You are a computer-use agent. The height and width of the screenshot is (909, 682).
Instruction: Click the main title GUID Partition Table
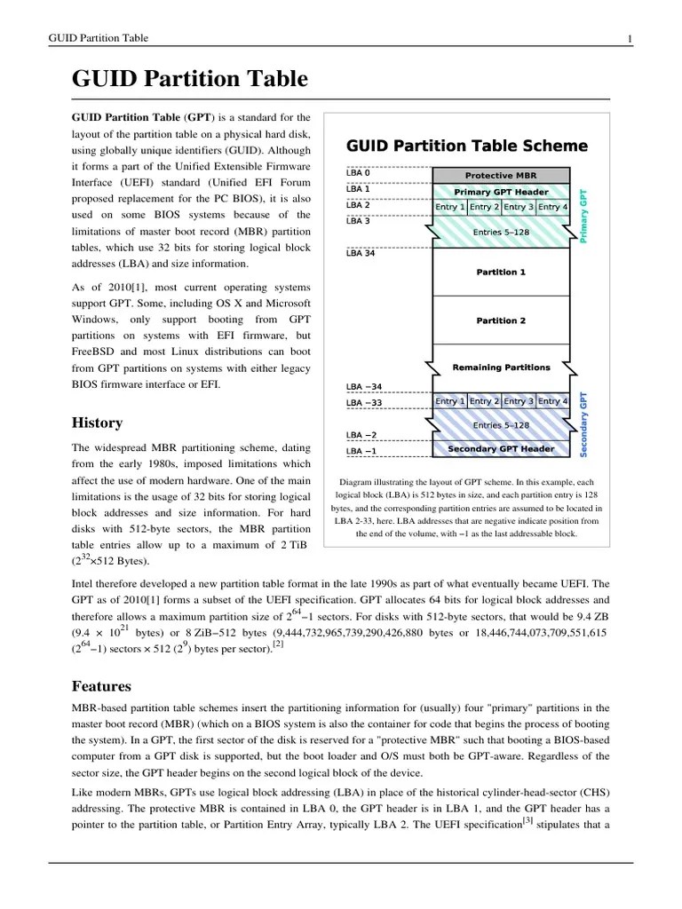(x=189, y=80)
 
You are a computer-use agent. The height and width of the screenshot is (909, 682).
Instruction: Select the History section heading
(x=97, y=423)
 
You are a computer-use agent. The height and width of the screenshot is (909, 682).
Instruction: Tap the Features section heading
(x=101, y=686)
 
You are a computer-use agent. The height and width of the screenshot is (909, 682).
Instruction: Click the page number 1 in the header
(x=630, y=38)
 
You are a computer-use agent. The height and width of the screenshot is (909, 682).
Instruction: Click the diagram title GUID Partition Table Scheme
(x=466, y=146)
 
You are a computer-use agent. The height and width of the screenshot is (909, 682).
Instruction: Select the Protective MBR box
(x=501, y=175)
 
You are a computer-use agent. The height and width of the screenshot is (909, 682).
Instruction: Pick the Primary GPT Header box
(x=501, y=192)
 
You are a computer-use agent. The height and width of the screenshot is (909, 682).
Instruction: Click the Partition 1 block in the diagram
(x=501, y=272)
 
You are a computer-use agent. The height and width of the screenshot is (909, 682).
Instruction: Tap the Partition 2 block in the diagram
(x=501, y=320)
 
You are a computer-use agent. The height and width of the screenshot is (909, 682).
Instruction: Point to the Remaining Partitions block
(x=501, y=367)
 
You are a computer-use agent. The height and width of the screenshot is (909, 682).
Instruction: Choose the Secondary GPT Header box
(x=501, y=449)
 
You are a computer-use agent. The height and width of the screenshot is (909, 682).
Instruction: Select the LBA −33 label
(x=364, y=403)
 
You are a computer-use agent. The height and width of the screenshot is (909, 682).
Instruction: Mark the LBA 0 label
(x=358, y=172)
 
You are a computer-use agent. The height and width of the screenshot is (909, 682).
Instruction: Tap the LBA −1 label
(x=361, y=451)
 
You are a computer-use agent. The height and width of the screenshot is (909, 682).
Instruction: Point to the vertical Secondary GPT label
(x=583, y=424)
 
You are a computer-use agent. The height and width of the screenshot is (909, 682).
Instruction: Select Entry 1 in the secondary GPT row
(x=449, y=401)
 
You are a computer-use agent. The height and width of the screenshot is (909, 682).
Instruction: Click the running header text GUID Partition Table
(x=98, y=38)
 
